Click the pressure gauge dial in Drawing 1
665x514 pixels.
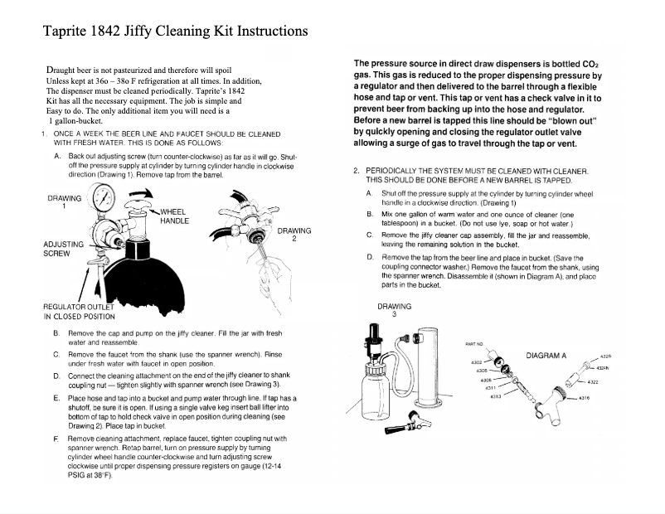pos(104,199)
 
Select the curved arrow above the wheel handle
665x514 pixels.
pos(143,194)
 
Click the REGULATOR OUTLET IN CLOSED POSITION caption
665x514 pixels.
pos(79,312)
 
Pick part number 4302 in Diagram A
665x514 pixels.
pos(476,362)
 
